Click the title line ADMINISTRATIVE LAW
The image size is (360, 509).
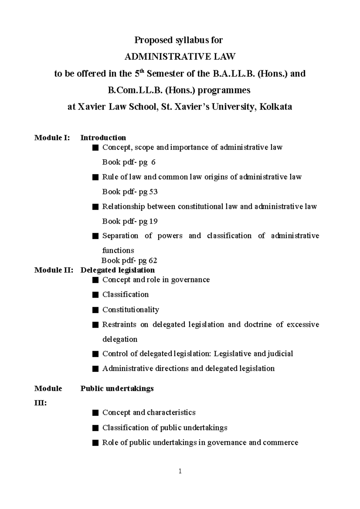[x=180, y=56]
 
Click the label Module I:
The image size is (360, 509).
[x=52, y=138]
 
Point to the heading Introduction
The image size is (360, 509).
[x=103, y=138]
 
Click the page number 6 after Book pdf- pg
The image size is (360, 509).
[x=153, y=162]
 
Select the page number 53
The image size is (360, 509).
[x=153, y=192]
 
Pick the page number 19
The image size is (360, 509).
[x=153, y=221]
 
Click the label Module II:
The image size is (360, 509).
[x=54, y=270]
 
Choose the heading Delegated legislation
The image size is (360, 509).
[x=118, y=270]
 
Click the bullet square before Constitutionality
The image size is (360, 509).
[x=95, y=310]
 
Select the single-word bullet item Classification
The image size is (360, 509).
[x=125, y=294]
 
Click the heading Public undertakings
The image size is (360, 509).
[x=117, y=388]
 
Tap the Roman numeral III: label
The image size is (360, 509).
[x=40, y=403]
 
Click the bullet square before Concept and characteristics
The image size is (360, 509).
[x=95, y=413]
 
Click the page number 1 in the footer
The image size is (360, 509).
[x=180, y=471]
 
